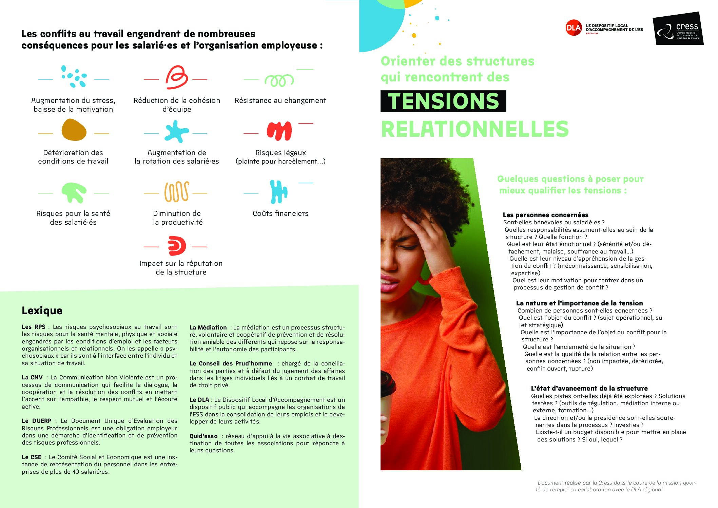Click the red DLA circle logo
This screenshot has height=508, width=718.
574,28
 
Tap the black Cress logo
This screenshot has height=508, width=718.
678,29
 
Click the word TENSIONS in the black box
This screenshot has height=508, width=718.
443,101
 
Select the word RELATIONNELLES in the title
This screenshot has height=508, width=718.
475,129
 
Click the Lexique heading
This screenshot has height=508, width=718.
42,311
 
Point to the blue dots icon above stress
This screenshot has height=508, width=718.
74,76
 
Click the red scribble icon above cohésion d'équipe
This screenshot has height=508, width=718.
176,77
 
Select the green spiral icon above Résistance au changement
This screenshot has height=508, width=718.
279,80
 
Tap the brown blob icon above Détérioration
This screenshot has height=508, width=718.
74,130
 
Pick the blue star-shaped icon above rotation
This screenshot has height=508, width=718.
176,131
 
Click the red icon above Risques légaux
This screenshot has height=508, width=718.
279,131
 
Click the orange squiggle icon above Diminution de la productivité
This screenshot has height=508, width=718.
176,192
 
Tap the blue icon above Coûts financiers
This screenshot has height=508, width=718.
278,191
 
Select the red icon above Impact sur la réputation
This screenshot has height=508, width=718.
177,246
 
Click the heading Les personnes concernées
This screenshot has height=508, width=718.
545,215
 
